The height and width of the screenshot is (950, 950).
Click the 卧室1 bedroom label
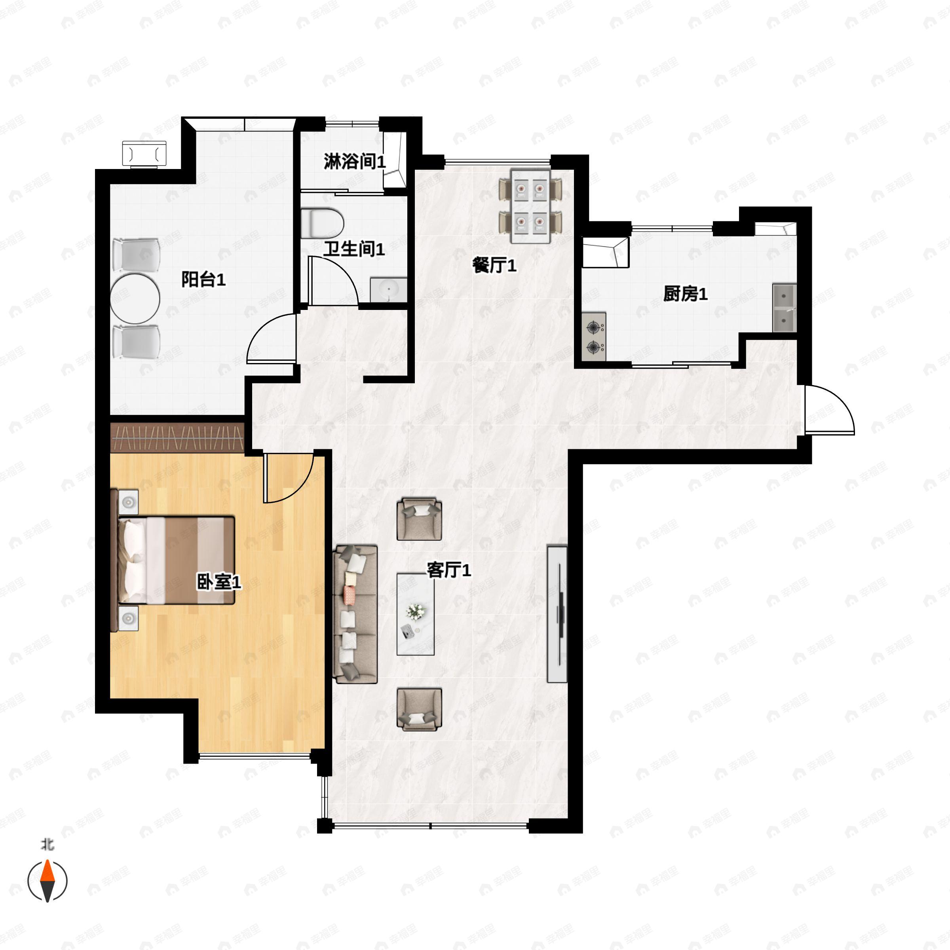[x=219, y=582]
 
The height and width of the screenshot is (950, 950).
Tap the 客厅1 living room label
[x=448, y=570]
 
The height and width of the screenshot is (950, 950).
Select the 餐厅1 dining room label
[x=494, y=266]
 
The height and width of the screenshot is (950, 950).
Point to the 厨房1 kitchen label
[x=685, y=294]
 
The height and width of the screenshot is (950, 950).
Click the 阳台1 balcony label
[x=203, y=279]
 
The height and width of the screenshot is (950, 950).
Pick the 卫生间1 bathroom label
[x=353, y=249]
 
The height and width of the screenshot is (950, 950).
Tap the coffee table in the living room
[x=416, y=614]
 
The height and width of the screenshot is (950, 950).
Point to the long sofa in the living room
[x=355, y=614]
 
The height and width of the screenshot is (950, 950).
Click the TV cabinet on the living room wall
[x=557, y=613]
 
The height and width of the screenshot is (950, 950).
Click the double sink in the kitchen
[x=784, y=308]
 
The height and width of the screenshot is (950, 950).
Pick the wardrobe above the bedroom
[x=177, y=437]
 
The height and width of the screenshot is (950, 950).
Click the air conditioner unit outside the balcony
[x=144, y=154]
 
